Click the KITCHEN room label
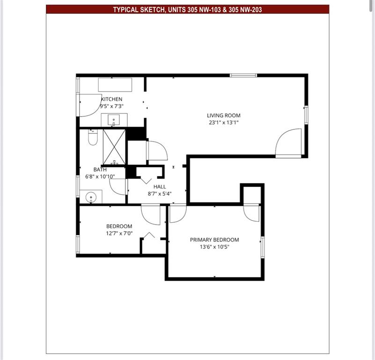click(x=112, y=99)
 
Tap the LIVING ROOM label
click(x=224, y=115)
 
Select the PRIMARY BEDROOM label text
click(x=214, y=240)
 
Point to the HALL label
click(x=160, y=187)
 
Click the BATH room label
click(x=100, y=169)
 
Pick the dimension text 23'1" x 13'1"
click(x=224, y=123)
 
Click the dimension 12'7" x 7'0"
click(x=119, y=233)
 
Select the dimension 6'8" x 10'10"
click(x=100, y=176)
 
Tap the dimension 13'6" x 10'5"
click(x=214, y=247)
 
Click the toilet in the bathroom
click(x=92, y=138)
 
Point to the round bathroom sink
click(x=92, y=197)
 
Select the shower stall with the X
click(x=114, y=146)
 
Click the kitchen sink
click(x=114, y=120)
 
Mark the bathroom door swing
click(x=118, y=187)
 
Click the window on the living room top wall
click(x=243, y=75)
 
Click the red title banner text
click(x=187, y=9)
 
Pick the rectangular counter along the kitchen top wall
click(x=115, y=85)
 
